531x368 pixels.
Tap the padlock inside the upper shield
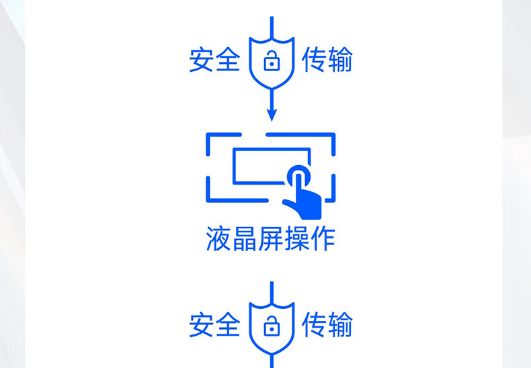pyautogui.click(x=272, y=61)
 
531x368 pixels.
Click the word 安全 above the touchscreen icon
pyautogui.click(x=214, y=60)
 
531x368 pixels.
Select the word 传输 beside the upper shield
pyautogui.click(x=327, y=60)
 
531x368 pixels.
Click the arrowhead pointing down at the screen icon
pyautogui.click(x=272, y=115)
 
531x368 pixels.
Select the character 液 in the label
pyautogui.click(x=218, y=239)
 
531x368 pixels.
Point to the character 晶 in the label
pyautogui.click(x=245, y=239)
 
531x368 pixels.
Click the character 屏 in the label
pyautogui.click(x=271, y=239)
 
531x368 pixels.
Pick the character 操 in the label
pyautogui.click(x=296, y=239)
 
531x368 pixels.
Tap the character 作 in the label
pyautogui.click(x=323, y=239)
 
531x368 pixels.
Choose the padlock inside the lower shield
pyautogui.click(x=272, y=326)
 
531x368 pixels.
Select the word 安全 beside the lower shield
pyautogui.click(x=214, y=325)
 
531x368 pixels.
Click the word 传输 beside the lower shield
pyautogui.click(x=327, y=325)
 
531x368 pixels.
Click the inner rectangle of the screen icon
pyautogui.click(x=234, y=166)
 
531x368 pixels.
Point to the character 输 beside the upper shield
pyautogui.click(x=340, y=60)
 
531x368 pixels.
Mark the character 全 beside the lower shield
pyautogui.click(x=228, y=325)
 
